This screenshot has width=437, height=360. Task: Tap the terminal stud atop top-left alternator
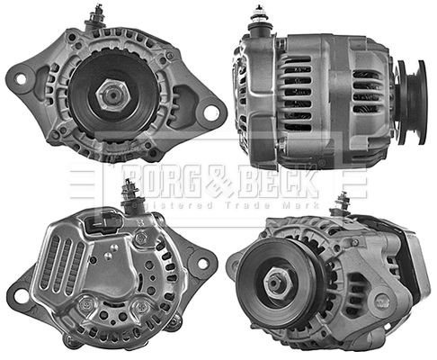[97, 15]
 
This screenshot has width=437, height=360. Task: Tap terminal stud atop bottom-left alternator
[129, 191]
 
